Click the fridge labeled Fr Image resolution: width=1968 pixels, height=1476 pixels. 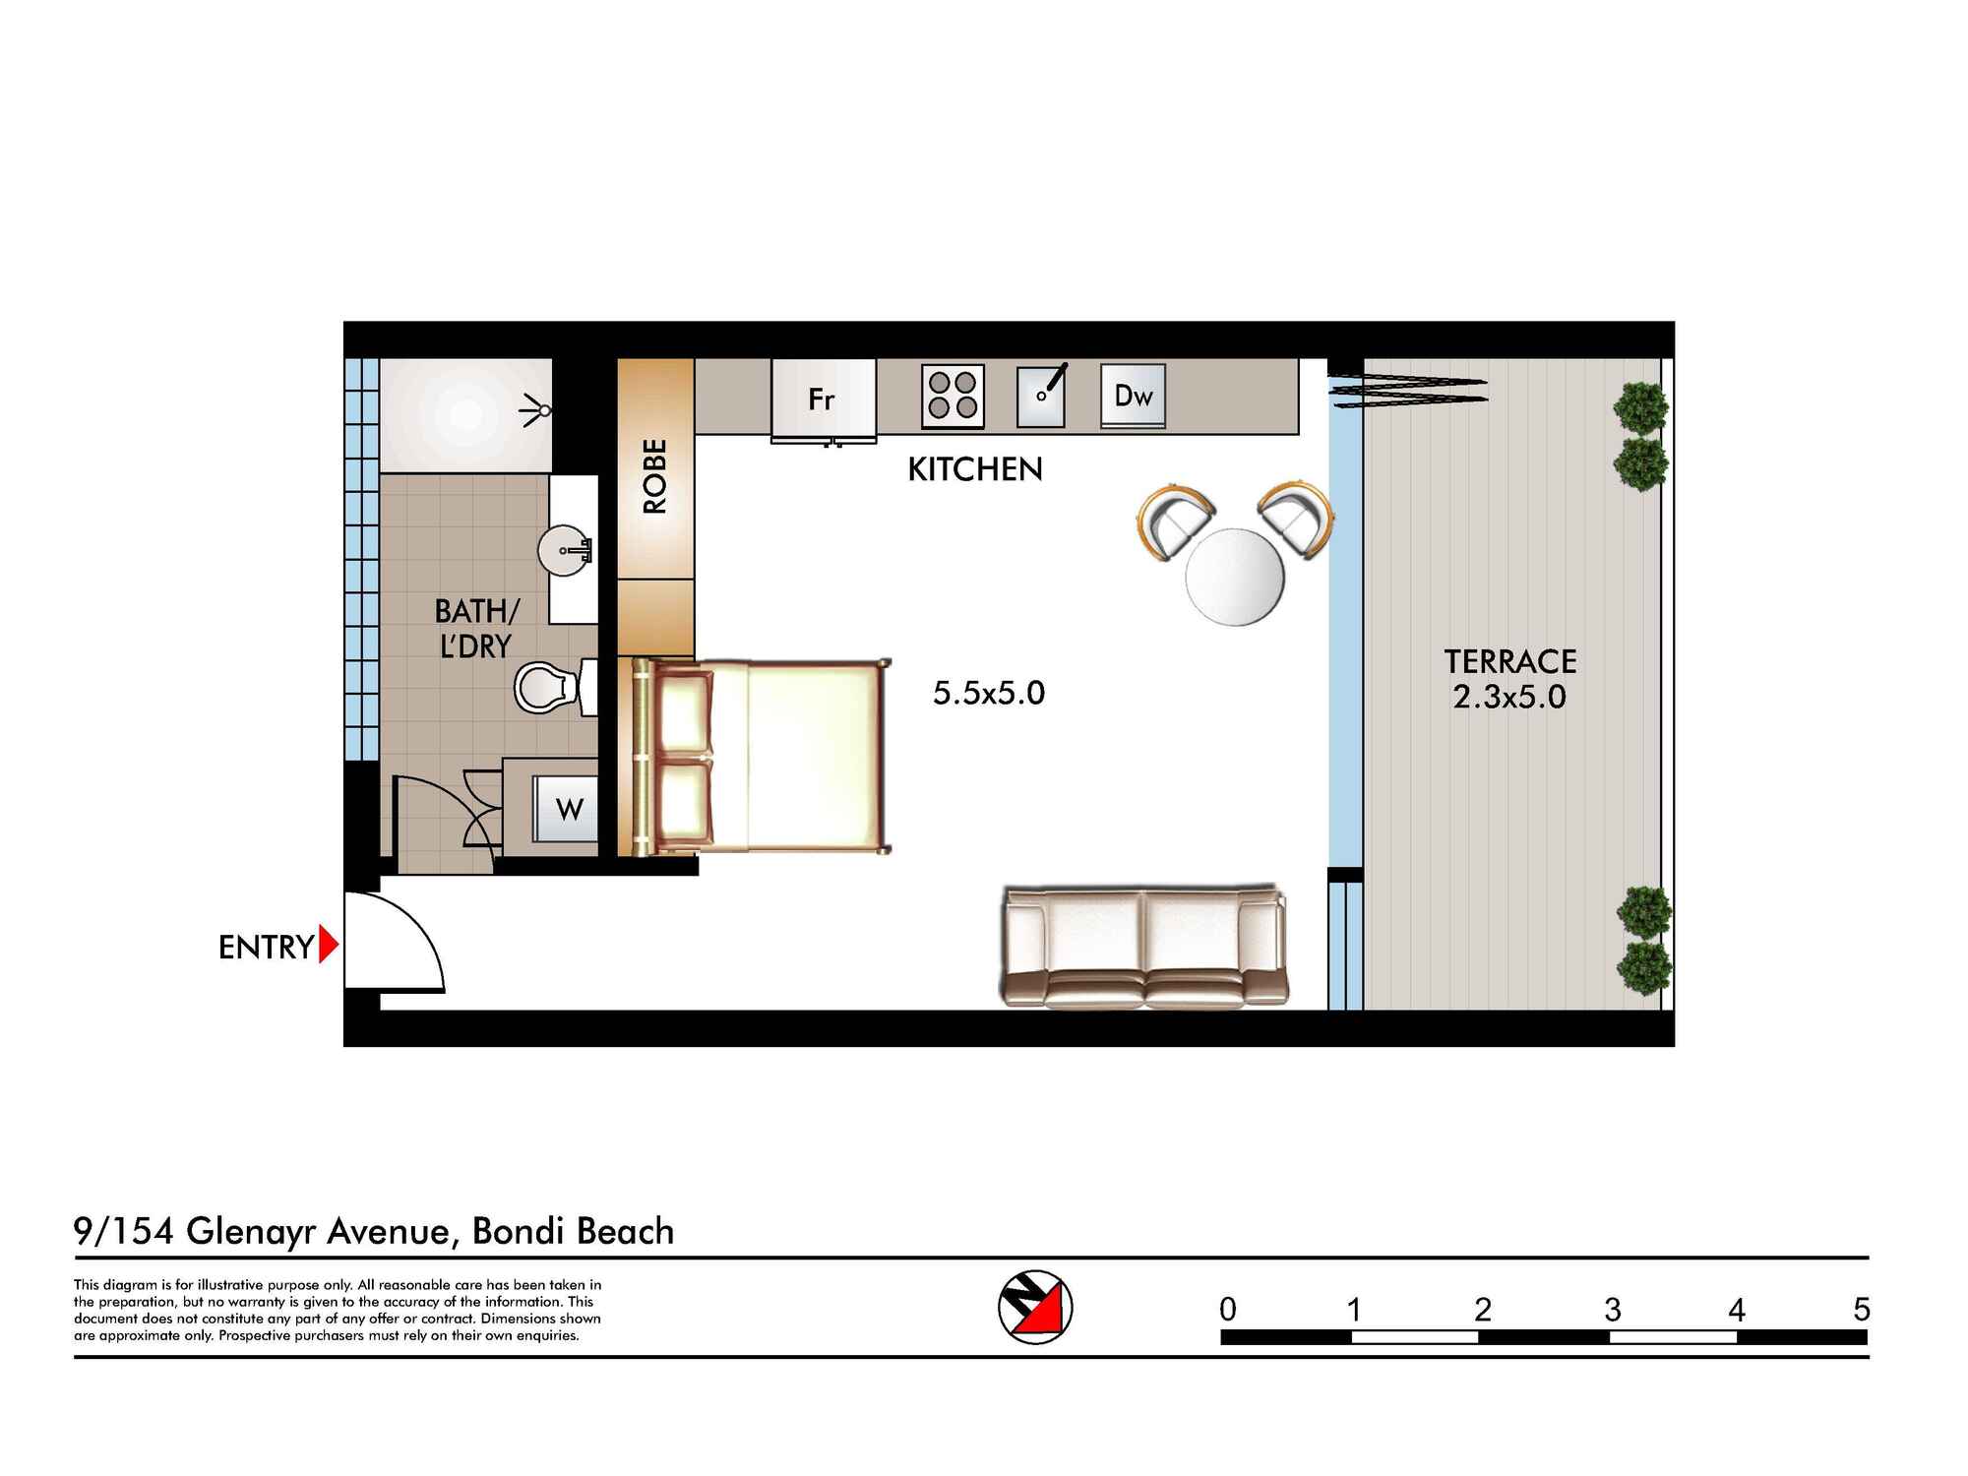(823, 399)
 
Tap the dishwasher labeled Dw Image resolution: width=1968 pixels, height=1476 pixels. (1133, 396)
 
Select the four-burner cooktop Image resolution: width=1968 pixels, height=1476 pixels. (953, 396)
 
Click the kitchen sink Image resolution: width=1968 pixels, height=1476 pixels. (1041, 396)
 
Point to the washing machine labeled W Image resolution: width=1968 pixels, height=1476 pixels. (566, 809)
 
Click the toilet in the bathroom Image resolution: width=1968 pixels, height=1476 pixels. (547, 687)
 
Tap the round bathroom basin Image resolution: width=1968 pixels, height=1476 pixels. (565, 549)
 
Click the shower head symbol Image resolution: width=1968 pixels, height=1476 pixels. (536, 408)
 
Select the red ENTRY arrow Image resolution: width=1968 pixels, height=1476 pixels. (329, 946)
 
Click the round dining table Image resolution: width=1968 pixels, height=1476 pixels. (1235, 578)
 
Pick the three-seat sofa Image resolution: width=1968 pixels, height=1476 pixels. (1144, 947)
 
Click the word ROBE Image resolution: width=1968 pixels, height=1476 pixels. (655, 476)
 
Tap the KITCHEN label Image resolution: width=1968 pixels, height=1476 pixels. (974, 469)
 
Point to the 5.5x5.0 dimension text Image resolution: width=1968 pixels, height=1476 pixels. (988, 693)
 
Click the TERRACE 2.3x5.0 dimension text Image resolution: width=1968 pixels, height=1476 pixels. (1508, 696)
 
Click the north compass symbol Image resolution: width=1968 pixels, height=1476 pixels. (1035, 1308)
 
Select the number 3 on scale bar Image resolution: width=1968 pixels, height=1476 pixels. (1612, 1310)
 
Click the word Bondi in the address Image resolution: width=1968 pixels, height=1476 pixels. (520, 1232)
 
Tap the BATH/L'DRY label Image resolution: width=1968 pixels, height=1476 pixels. (475, 629)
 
